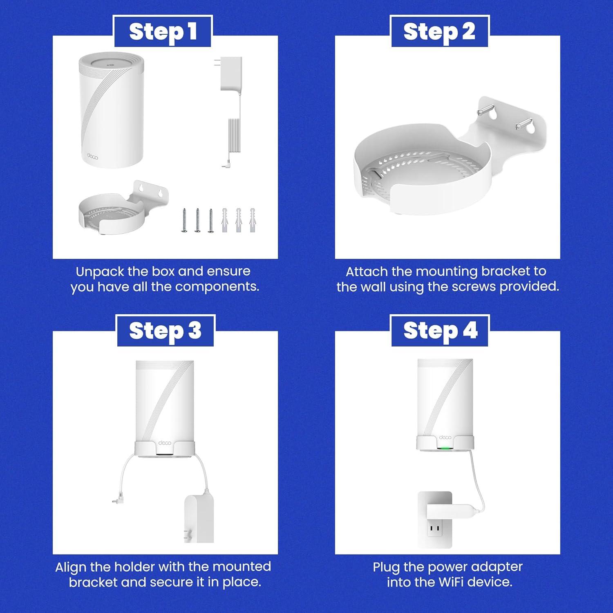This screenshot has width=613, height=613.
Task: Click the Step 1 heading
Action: click(163, 32)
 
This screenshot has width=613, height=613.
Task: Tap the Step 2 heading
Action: click(439, 32)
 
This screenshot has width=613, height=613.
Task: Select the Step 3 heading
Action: click(165, 331)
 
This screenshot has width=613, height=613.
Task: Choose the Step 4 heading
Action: click(440, 331)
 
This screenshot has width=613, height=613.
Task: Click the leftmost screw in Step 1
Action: click(184, 220)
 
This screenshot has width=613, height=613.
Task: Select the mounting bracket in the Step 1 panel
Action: click(123, 208)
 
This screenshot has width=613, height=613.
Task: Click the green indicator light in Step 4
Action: click(445, 447)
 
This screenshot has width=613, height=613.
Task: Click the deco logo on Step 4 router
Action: click(445, 437)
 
